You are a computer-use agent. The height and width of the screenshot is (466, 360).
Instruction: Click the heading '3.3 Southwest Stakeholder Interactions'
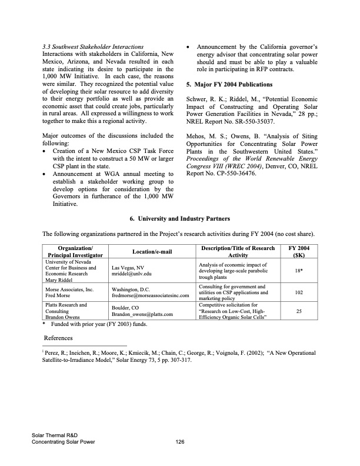[93, 46]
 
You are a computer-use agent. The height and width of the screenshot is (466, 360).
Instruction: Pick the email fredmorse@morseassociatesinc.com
[149, 295]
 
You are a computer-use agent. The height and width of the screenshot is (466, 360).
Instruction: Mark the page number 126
[181, 443]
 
